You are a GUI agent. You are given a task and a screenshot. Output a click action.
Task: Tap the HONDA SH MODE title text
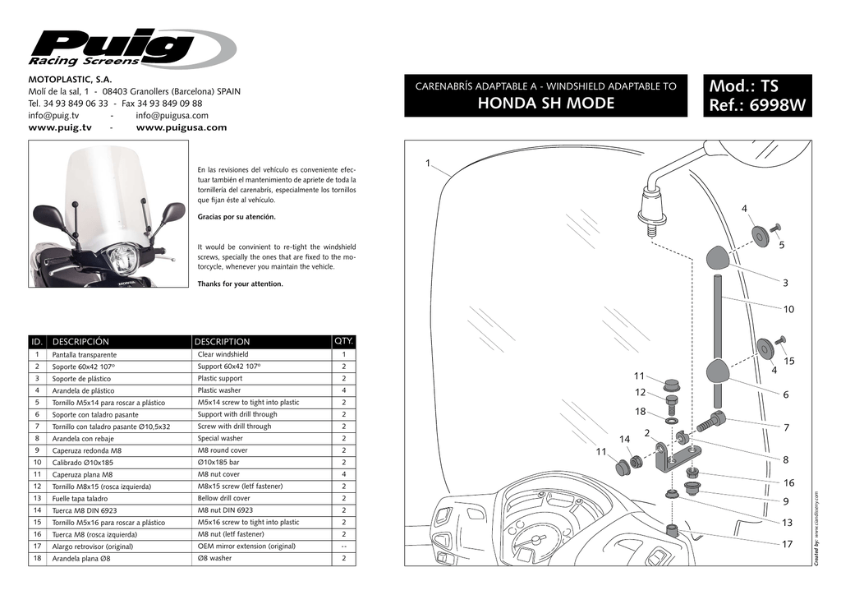pyautogui.click(x=546, y=104)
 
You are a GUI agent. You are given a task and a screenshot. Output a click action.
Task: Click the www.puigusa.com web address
pyautogui.click(x=181, y=128)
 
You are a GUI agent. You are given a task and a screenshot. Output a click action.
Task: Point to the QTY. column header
pyautogui.click(x=343, y=340)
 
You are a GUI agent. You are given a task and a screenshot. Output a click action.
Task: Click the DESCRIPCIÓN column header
pyautogui.click(x=80, y=341)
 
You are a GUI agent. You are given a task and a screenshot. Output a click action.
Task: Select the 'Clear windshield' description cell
pyautogui.click(x=223, y=355)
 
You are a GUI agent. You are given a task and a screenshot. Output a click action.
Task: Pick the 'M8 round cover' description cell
pyautogui.click(x=223, y=450)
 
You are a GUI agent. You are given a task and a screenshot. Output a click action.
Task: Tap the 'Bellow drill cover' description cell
pyautogui.click(x=224, y=498)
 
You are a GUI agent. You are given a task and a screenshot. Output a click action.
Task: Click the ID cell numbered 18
pyautogui.click(x=38, y=559)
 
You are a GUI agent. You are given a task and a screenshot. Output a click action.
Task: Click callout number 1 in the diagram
pyautogui.click(x=428, y=163)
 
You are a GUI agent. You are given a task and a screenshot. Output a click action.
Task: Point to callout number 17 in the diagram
pyautogui.click(x=787, y=545)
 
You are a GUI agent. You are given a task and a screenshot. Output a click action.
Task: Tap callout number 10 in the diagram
pyautogui.click(x=788, y=309)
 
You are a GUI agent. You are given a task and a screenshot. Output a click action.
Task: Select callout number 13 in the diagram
pyautogui.click(x=787, y=523)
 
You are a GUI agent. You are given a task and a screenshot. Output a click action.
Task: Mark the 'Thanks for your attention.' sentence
pyautogui.click(x=241, y=284)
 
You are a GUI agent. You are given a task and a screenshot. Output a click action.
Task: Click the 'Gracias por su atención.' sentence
pyautogui.click(x=237, y=217)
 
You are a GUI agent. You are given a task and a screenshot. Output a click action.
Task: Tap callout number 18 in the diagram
pyautogui.click(x=640, y=411)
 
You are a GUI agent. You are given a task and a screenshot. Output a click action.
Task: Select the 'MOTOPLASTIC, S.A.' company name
pyautogui.click(x=70, y=79)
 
